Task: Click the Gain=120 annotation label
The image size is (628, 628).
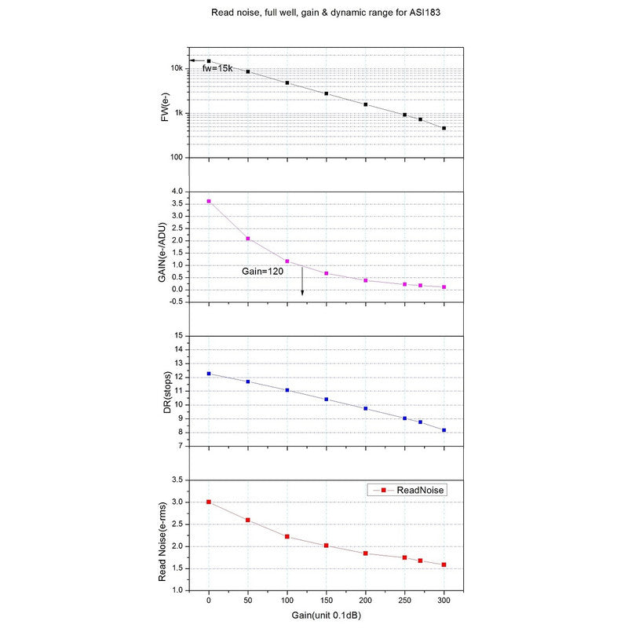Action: (262, 270)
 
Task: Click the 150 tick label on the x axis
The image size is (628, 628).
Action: (327, 600)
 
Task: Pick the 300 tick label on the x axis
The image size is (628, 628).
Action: (444, 600)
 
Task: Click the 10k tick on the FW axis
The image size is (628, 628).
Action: (178, 69)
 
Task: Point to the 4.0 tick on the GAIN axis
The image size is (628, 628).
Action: (178, 192)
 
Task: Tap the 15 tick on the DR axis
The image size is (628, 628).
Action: (180, 336)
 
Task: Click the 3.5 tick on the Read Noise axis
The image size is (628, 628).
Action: (178, 480)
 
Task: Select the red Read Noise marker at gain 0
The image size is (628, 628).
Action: (209, 502)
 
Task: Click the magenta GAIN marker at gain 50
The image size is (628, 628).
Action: (248, 239)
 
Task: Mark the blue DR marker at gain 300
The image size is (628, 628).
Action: (444, 430)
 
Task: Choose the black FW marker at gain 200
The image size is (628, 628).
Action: (366, 104)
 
